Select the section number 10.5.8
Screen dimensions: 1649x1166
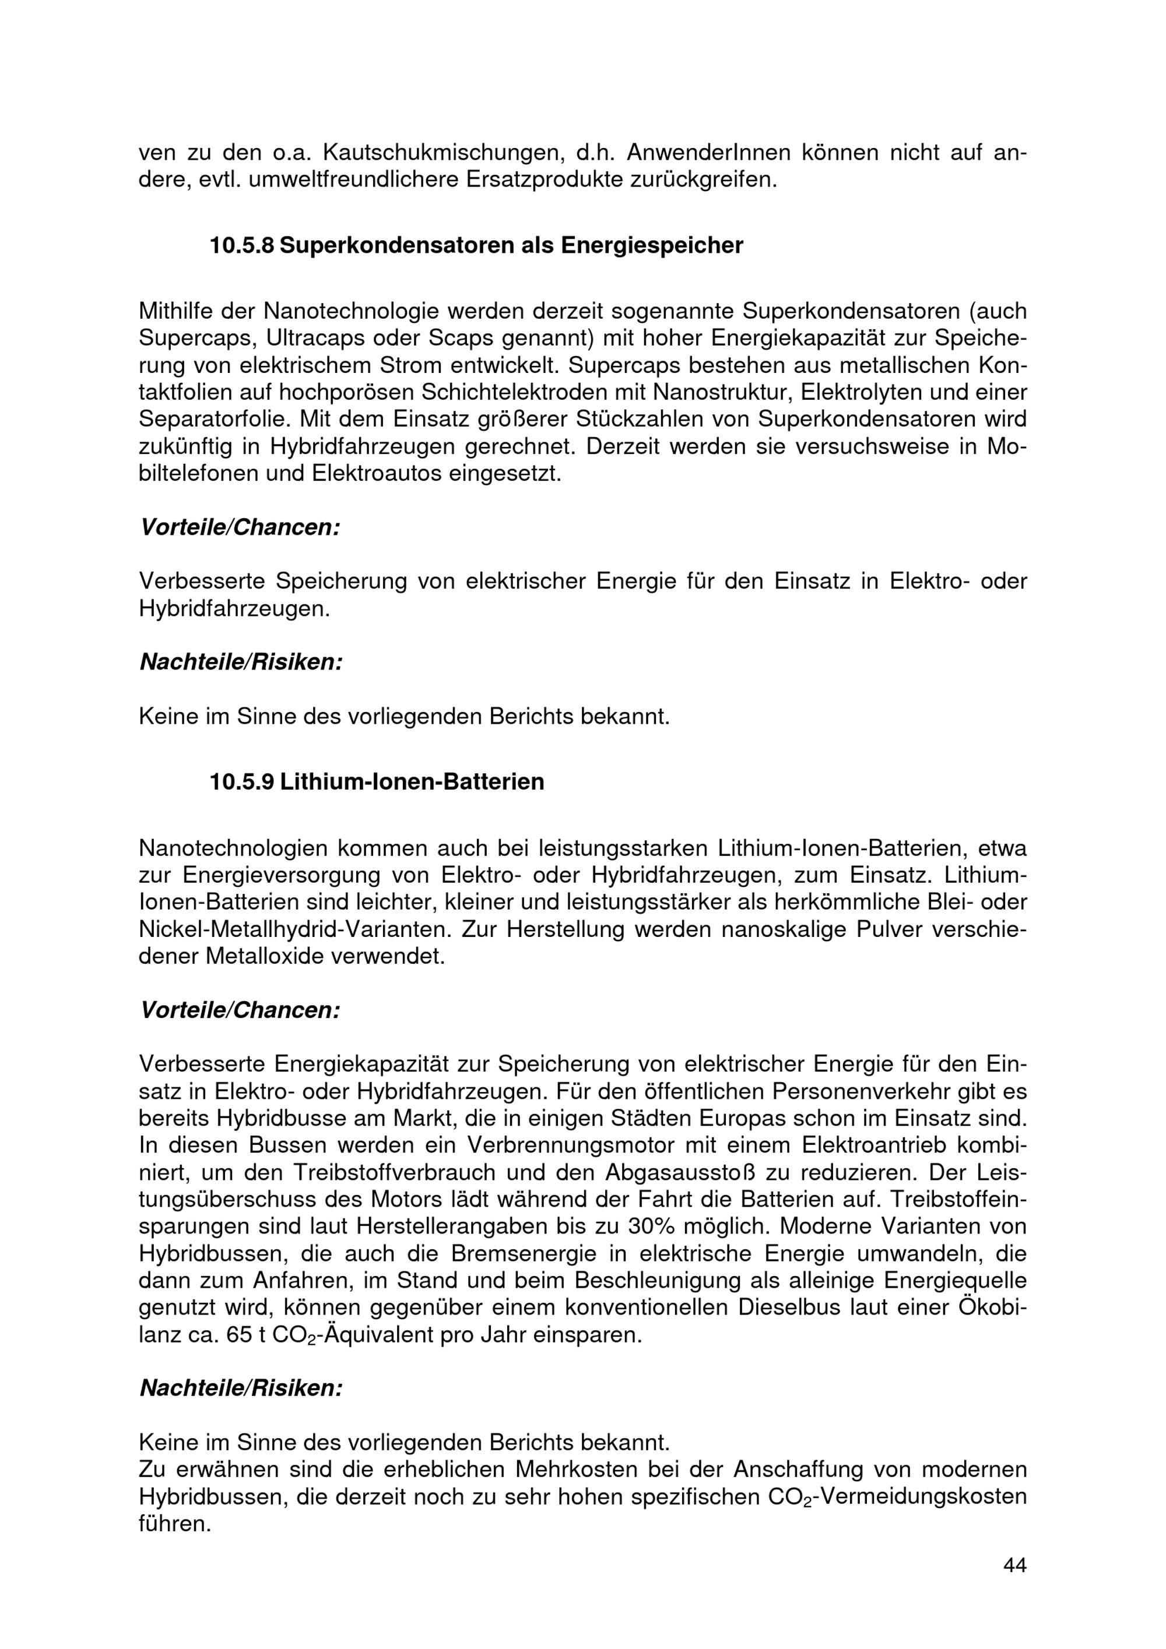pos(241,246)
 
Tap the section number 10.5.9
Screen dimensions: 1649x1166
pos(241,781)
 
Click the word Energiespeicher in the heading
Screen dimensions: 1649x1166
pos(652,246)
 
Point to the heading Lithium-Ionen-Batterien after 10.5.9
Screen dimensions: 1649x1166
pos(412,781)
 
